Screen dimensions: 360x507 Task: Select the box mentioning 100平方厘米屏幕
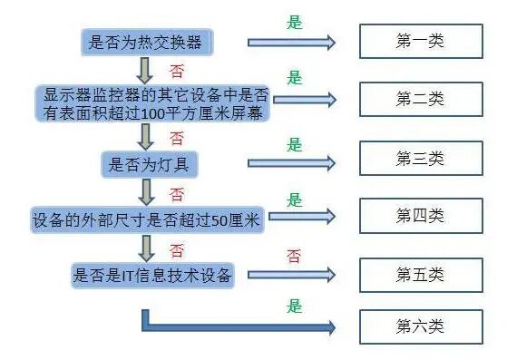pos(153,103)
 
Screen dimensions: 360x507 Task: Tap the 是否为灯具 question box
pos(149,164)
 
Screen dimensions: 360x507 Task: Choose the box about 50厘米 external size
pos(145,219)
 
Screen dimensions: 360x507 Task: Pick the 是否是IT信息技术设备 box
pos(151,276)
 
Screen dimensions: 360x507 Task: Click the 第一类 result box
pos(419,42)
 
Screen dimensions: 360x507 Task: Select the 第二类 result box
pos(419,99)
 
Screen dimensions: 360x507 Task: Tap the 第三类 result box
pos(419,159)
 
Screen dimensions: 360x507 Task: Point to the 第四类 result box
pos(419,216)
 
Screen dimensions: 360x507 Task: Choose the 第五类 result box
pos(419,274)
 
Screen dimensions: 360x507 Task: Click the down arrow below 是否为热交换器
pos(144,70)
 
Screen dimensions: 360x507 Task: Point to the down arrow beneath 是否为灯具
pos(144,191)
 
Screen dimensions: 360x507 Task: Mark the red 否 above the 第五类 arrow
pos(294,256)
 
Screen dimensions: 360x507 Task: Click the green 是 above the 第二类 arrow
pos(294,78)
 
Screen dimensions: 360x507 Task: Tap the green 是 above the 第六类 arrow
pos(294,306)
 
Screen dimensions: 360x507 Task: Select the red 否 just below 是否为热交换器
pos(177,70)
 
